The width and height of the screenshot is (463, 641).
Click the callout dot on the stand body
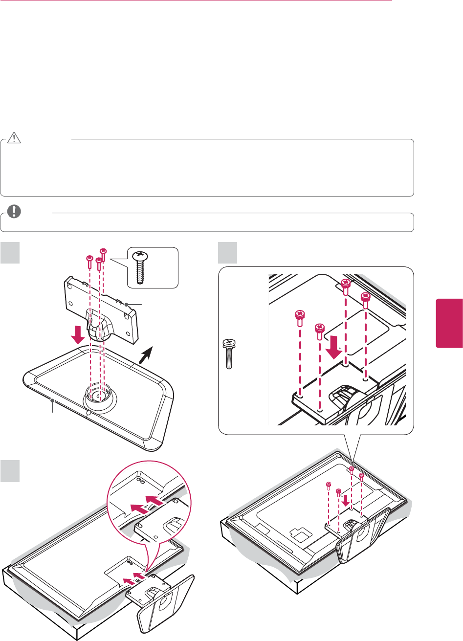[127, 305]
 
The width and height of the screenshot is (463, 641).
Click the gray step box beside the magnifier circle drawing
[10, 470]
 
